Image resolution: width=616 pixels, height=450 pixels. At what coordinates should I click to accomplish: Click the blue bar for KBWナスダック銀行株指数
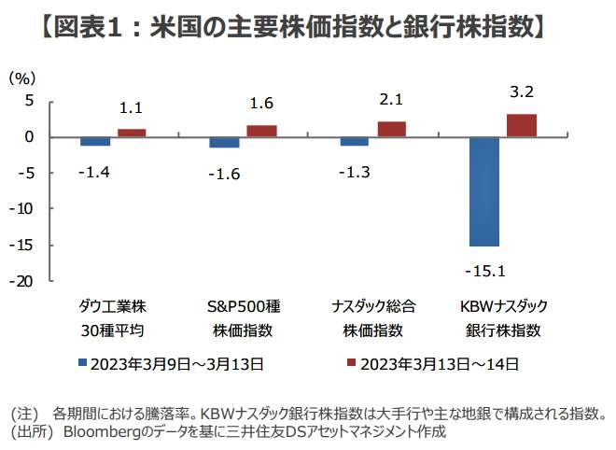(x=484, y=191)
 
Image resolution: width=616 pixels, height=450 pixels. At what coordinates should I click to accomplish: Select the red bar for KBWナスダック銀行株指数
(x=521, y=125)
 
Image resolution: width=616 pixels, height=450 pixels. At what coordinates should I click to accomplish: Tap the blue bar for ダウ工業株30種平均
(x=95, y=141)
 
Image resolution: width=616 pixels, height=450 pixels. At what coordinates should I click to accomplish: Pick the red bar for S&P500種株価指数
(x=261, y=131)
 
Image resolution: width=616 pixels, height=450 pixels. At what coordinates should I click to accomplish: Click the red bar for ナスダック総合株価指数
(x=391, y=129)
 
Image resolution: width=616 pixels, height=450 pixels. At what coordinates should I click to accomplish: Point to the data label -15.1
(x=485, y=271)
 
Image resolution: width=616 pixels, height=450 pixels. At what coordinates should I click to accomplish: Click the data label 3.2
(x=521, y=92)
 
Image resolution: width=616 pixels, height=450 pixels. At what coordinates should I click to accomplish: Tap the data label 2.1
(x=392, y=100)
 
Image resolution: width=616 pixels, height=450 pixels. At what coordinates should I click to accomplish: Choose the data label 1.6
(x=261, y=104)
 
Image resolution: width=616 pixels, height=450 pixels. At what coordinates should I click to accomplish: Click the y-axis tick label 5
(x=28, y=101)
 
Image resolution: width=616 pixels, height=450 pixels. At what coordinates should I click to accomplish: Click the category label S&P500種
(x=242, y=306)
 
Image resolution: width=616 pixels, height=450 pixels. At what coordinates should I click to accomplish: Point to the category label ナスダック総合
(x=372, y=306)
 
